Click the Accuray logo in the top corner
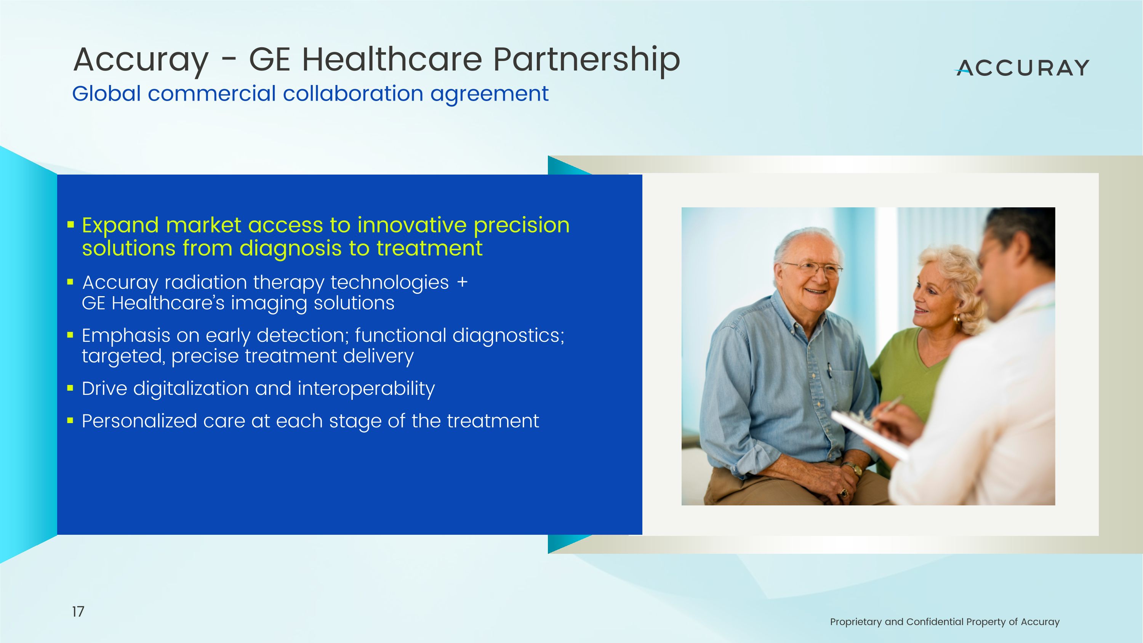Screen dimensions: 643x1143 1022,68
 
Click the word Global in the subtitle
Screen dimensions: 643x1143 107,94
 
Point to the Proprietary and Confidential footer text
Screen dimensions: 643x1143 944,622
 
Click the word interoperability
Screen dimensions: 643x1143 366,389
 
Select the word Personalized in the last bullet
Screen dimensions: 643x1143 139,421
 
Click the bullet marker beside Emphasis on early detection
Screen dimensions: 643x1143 70,335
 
